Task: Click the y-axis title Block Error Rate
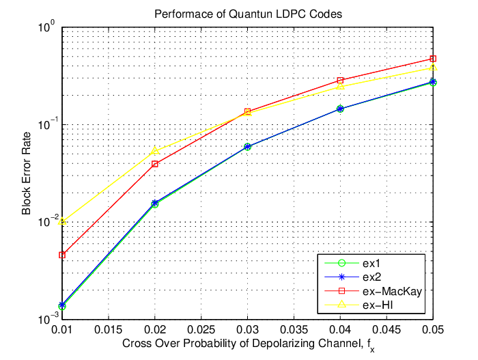coord(27,174)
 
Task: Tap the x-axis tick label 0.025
coord(201,330)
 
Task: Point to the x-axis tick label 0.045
coord(386,330)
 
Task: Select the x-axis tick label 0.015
coord(108,330)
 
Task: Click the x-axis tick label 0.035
coord(294,330)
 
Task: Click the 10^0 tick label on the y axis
coord(46,27)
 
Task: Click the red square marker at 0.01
coord(62,255)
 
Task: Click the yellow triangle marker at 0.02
coord(155,151)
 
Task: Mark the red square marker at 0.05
coord(433,59)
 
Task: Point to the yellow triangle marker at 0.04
coord(340,86)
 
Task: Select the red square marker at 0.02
coord(155,164)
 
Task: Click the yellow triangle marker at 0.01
coord(62,221)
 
